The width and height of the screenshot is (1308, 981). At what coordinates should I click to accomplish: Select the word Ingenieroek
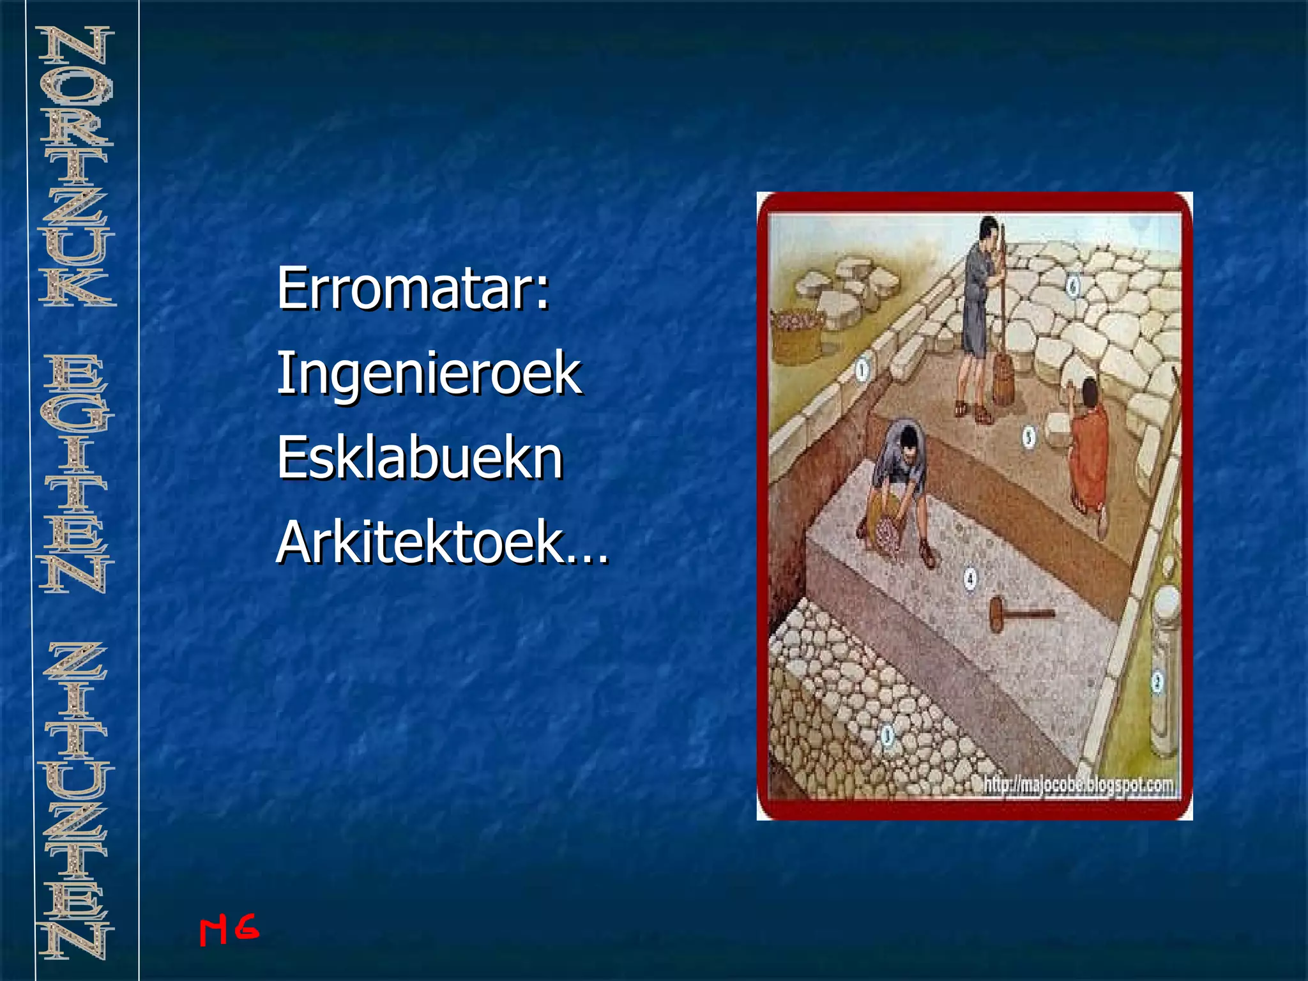429,374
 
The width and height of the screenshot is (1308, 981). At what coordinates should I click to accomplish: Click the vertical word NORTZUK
76,166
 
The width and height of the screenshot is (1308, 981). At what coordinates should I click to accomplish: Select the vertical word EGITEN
76,473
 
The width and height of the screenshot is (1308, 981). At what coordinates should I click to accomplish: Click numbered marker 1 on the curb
862,369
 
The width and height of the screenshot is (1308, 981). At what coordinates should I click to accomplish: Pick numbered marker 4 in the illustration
970,579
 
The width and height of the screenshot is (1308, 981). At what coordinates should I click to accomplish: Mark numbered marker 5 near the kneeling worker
1029,437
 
